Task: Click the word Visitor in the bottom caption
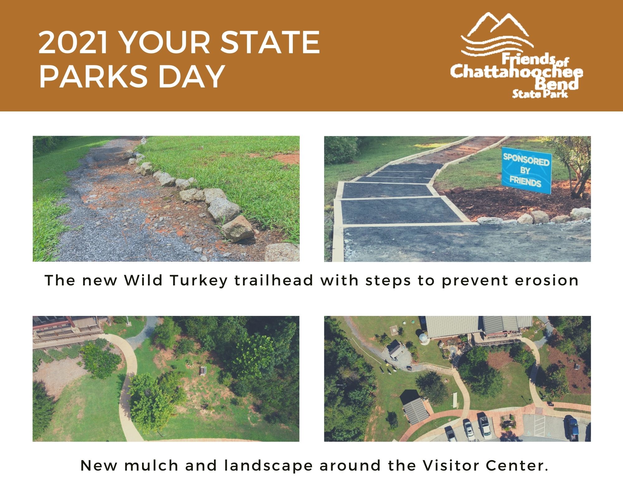[x=449, y=466]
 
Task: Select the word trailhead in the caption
[x=274, y=280]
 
